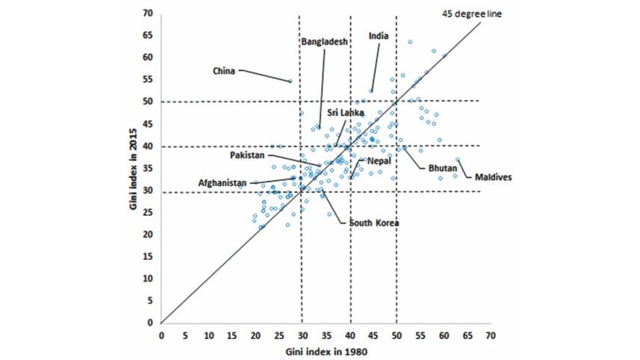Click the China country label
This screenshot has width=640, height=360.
[224, 71]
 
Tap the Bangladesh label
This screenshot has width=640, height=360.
[325, 42]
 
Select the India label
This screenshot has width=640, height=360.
[379, 36]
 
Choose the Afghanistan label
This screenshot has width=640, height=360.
[223, 181]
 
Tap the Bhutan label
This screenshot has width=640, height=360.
[441, 169]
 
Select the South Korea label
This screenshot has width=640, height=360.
[373, 223]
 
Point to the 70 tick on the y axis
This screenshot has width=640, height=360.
[149, 13]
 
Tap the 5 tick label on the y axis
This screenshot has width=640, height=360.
[151, 300]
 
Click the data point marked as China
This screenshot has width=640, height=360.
[291, 81]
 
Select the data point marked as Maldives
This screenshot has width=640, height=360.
[458, 160]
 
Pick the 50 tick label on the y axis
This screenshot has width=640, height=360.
[149, 102]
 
